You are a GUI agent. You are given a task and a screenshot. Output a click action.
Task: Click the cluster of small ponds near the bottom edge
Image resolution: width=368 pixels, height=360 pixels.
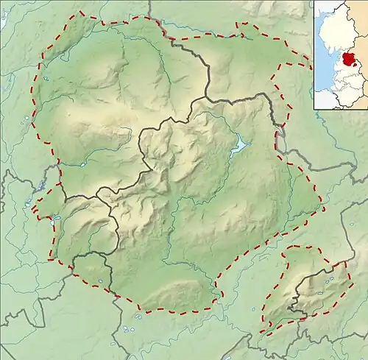coord(131,324)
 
